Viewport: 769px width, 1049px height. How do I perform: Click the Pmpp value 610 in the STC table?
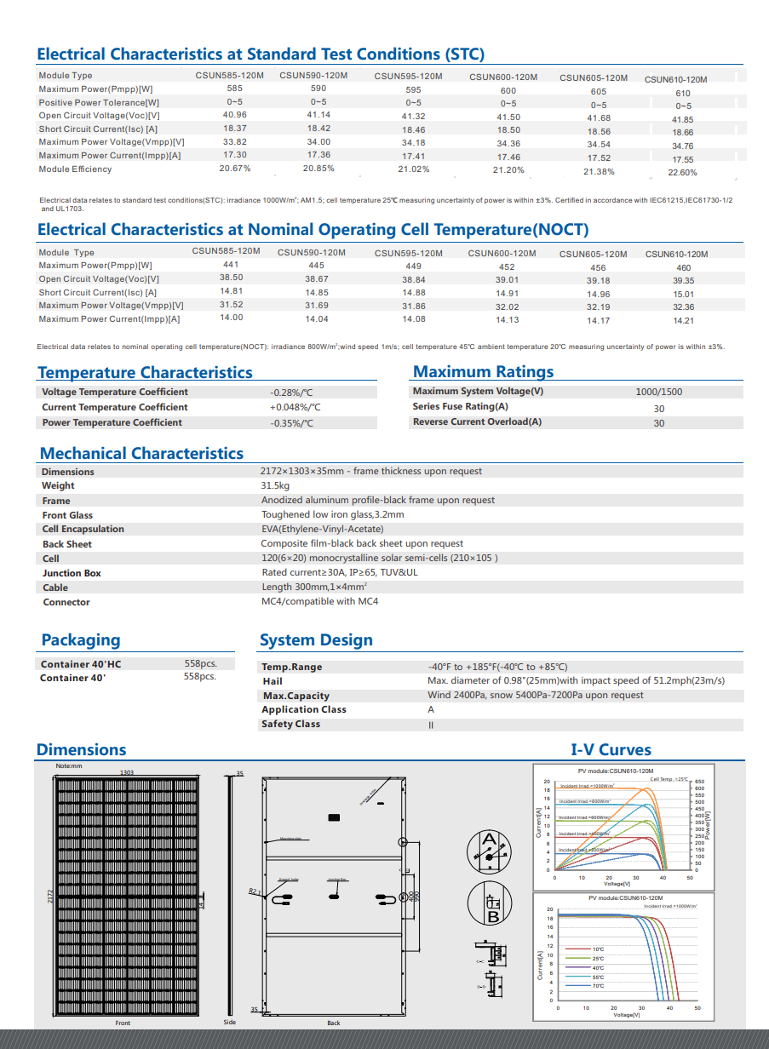coord(683,94)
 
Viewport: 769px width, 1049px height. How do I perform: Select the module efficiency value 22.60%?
coord(682,173)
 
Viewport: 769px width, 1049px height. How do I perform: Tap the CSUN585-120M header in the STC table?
coord(230,76)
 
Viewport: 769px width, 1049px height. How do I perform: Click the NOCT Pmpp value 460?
coord(683,267)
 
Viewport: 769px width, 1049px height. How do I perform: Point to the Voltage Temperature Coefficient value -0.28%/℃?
coord(291,393)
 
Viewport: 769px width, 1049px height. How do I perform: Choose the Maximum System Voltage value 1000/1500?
coord(658,393)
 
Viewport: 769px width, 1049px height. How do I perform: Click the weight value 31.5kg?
coord(275,485)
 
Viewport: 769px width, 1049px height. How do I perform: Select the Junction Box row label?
coord(72,573)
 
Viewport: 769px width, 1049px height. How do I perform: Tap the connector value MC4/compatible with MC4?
coord(319,602)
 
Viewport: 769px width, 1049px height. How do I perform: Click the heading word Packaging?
coord(81,640)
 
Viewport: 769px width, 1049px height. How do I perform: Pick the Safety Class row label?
coord(290,724)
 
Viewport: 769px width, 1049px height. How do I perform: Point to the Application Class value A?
coord(431,709)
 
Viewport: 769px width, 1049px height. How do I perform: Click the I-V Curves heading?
coord(611,750)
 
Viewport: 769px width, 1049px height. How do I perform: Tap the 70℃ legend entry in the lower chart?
coord(598,986)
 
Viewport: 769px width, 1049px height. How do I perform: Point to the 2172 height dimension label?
coord(50,897)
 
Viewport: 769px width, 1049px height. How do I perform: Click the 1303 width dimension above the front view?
coord(127,772)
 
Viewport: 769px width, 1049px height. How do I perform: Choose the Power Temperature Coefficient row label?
coord(112,423)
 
